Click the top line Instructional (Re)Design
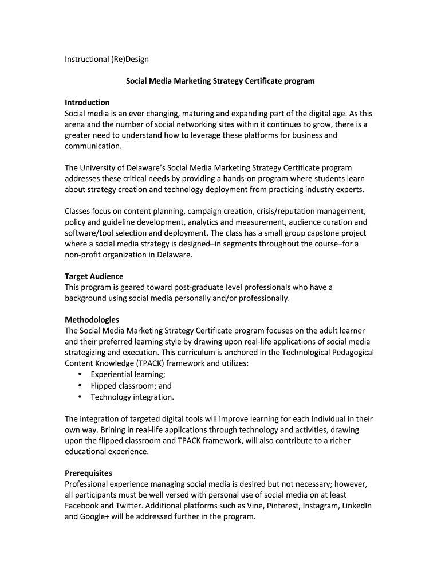pyautogui.click(x=107, y=59)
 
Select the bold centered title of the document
pyautogui.click(x=220, y=81)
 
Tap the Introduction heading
pyautogui.click(x=87, y=103)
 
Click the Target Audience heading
pyautogui.click(x=94, y=276)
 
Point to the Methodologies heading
pyautogui.click(x=92, y=320)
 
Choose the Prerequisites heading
pyautogui.click(x=88, y=473)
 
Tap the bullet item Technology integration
pyautogui.click(x=132, y=397)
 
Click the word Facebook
pyautogui.click(x=82, y=506)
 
